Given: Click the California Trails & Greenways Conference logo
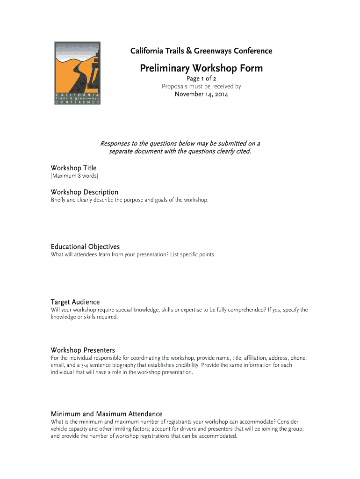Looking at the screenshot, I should point(78,73).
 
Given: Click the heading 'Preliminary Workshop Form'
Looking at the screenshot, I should point(201,68).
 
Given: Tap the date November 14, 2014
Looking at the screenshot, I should point(201,94).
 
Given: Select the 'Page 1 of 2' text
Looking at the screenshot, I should point(201,79).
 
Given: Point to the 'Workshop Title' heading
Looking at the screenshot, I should point(73,168).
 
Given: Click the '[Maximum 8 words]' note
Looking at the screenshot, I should point(74,176).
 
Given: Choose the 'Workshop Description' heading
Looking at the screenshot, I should point(84,192).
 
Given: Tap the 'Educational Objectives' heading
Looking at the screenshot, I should point(85,247).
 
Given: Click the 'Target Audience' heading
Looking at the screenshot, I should point(75,302).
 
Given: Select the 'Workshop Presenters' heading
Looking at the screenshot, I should point(83,350).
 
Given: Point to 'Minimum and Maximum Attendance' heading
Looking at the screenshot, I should point(106,414).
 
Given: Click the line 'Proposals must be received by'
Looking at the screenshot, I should point(201,87).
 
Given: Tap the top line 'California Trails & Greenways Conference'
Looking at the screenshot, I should point(201,51).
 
